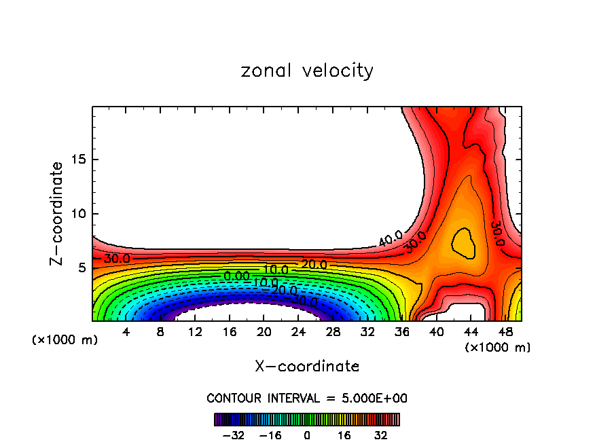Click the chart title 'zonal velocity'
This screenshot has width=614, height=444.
coord(307,71)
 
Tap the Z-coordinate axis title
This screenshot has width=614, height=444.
coord(57,213)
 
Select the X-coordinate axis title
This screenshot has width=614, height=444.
coord(307,367)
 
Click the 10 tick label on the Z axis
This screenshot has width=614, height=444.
coord(77,214)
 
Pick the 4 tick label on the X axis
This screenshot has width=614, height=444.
coord(126,332)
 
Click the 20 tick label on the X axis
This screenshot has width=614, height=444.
coord(264,332)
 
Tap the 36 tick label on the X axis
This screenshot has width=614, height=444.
coord(402,332)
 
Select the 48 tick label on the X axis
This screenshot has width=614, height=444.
coord(505,332)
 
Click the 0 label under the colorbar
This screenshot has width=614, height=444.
coord(307,435)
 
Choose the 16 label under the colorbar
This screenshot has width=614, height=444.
coord(345,435)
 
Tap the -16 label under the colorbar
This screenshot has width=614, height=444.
coord(270,435)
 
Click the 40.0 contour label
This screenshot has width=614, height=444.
coord(391,238)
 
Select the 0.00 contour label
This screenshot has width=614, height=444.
coord(236,276)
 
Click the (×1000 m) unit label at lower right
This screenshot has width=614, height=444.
coord(498,347)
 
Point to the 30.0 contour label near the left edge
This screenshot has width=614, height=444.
coord(117,259)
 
